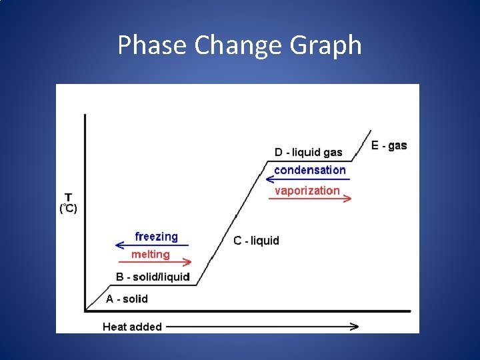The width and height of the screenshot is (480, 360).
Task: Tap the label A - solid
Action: coord(127,299)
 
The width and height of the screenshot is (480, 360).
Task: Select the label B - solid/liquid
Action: coord(153,277)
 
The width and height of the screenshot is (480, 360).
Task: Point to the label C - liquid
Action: coord(256,241)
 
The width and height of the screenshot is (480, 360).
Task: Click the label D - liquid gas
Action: coord(308,152)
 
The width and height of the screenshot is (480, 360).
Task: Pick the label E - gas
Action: coord(389,145)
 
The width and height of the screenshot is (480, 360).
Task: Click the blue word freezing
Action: coord(156,237)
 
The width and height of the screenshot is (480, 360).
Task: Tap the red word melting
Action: coord(150,254)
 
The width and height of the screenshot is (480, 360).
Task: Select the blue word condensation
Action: coord(309,170)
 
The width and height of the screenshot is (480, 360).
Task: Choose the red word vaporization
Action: coord(307,191)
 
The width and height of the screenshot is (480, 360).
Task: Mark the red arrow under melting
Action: coord(153,263)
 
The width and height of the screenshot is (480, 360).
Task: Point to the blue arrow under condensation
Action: coord(307,179)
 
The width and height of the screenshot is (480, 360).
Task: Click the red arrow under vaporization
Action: coord(309,199)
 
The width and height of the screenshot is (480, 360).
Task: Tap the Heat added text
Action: coord(132,327)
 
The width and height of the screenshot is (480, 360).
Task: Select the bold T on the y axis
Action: coord(69,198)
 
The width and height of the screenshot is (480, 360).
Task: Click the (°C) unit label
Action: coord(69,209)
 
